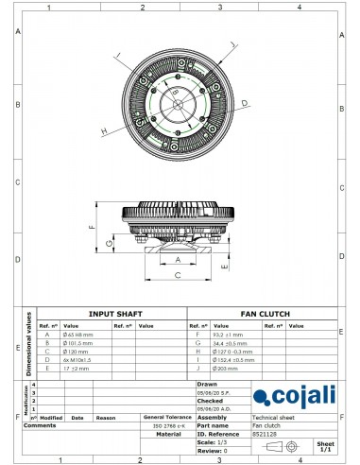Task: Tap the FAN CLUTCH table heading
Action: pos(266,314)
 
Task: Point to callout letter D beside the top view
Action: pos(244,102)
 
